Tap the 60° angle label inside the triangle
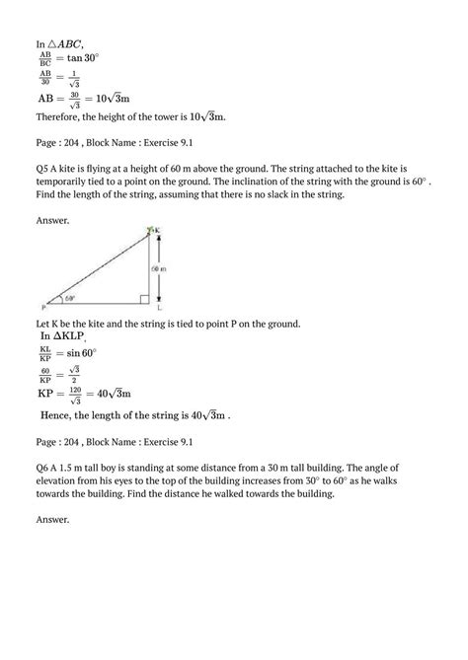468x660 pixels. click(x=69, y=298)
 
